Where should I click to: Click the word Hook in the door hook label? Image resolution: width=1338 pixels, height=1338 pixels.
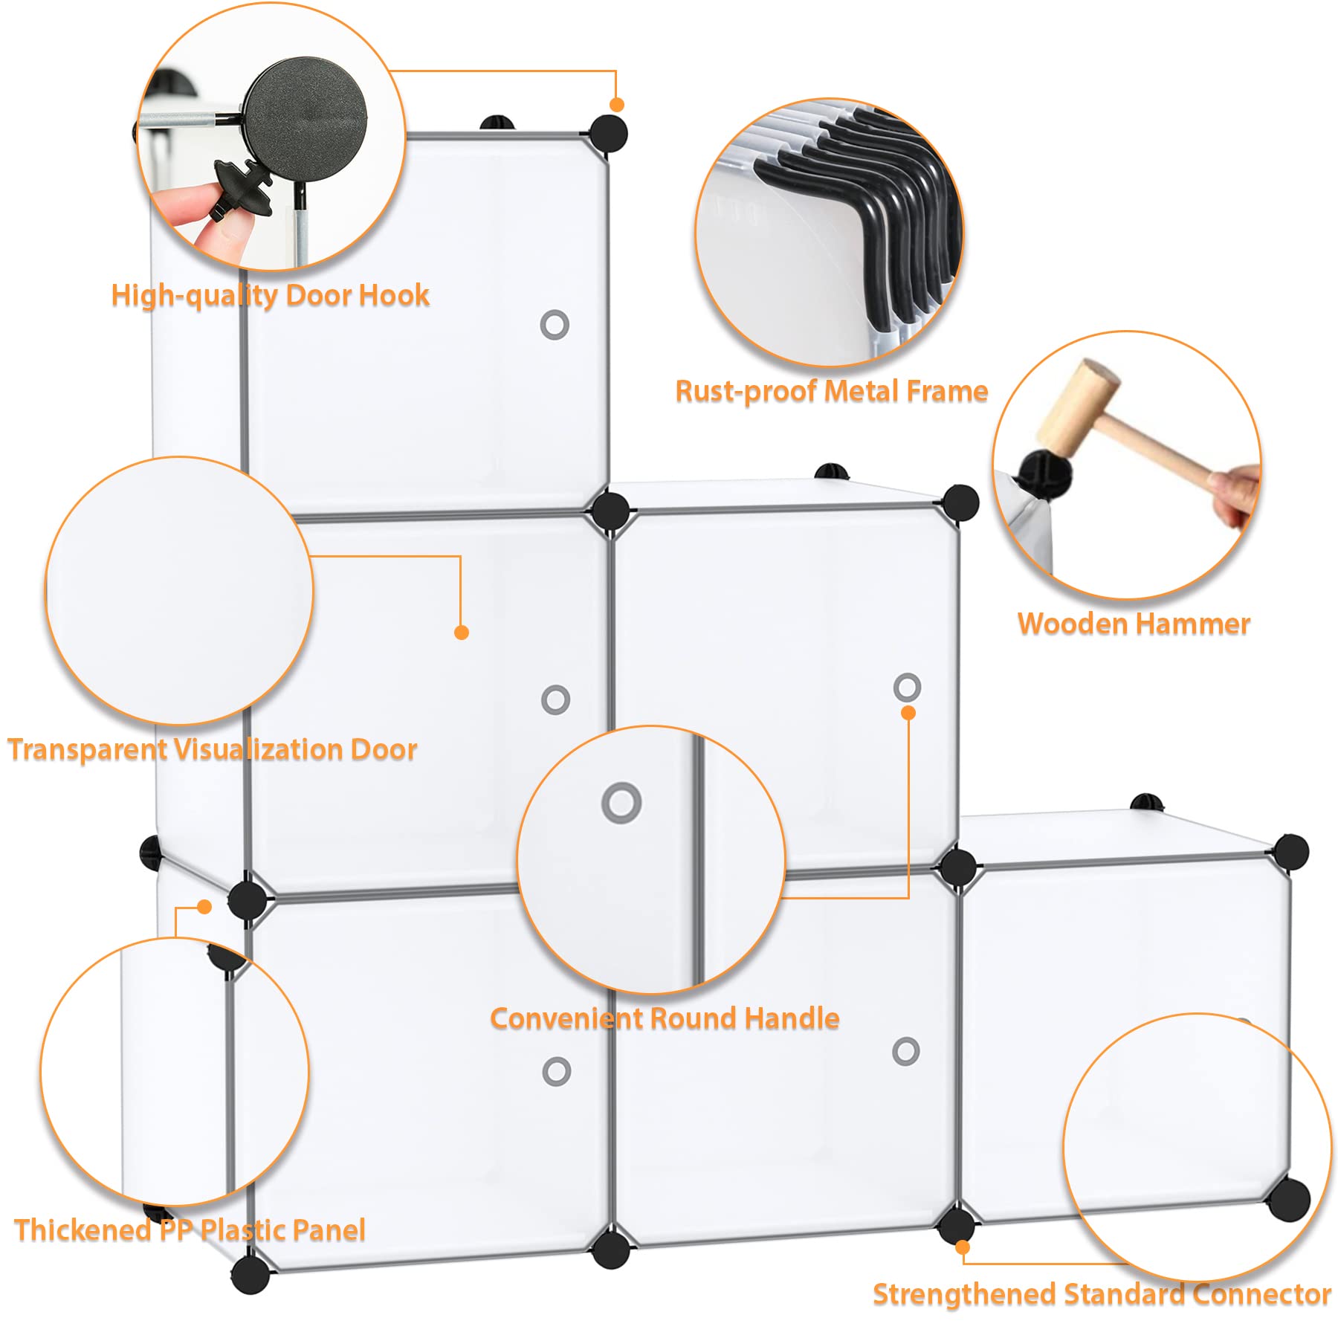[395, 295]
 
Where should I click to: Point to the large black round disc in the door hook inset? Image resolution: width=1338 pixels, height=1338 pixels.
[306, 120]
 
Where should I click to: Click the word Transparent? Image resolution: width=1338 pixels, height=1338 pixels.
[88, 749]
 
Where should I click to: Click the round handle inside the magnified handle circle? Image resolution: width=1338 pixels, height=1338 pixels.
[621, 803]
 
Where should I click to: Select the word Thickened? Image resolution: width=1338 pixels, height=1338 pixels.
[83, 1230]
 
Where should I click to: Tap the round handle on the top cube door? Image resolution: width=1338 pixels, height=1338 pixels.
[555, 325]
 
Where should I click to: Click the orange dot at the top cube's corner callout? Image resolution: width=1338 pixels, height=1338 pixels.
[616, 105]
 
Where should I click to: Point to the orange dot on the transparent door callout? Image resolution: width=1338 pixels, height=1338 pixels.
[461, 633]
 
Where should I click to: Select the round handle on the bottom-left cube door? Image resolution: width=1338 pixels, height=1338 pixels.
[557, 1071]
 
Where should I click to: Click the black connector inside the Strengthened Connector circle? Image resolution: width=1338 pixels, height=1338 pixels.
[1288, 1199]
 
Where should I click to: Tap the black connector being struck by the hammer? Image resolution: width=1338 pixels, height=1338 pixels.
[1044, 471]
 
